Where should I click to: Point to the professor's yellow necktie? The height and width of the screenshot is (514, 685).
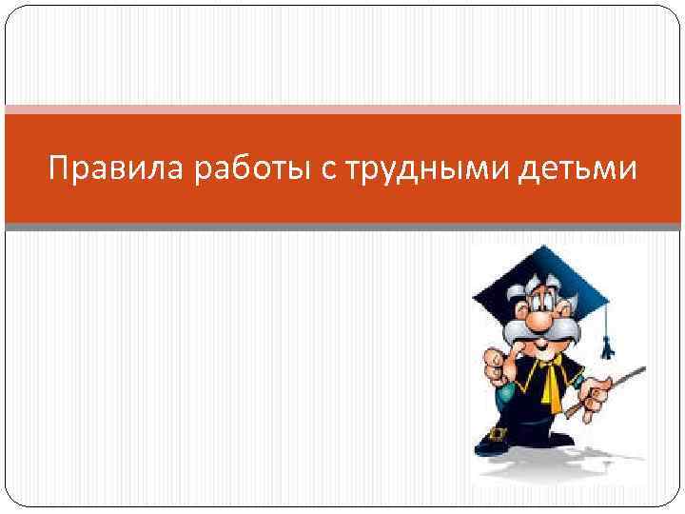[551, 381]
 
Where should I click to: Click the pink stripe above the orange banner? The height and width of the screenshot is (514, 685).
[342, 109]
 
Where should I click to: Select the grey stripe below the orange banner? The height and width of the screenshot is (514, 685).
[342, 227]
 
